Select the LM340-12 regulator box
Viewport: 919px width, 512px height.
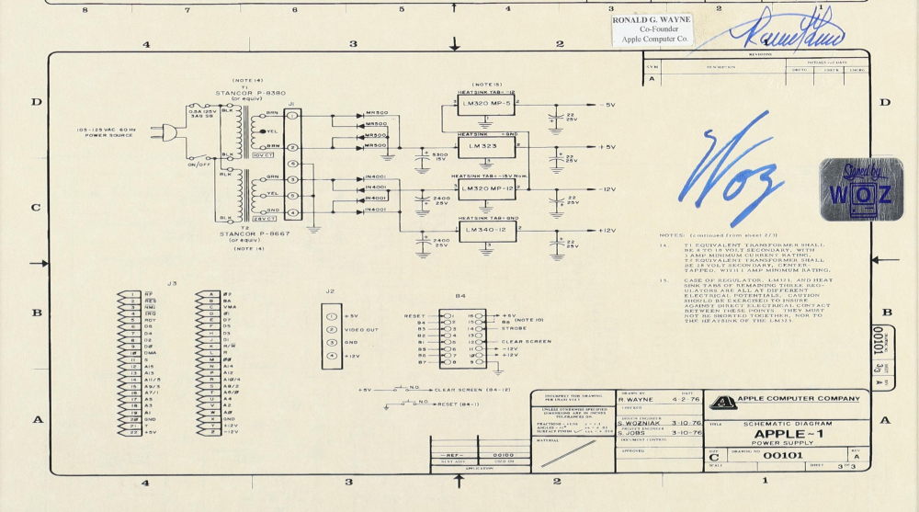coord(485,231)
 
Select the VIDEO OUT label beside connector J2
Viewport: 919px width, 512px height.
coord(361,329)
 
